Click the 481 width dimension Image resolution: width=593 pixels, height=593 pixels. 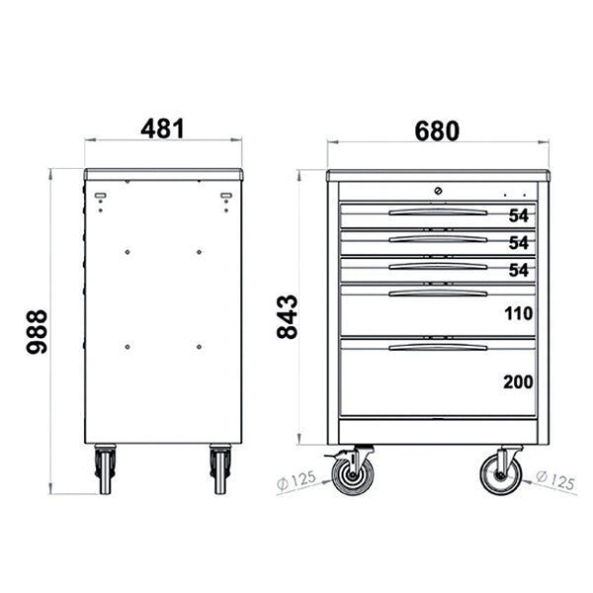[x=163, y=128]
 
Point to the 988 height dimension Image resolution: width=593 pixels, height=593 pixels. [x=36, y=333]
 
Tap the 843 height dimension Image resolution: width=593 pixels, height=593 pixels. [x=287, y=315]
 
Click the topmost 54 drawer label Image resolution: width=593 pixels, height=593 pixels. [x=520, y=215]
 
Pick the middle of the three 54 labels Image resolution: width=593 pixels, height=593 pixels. [x=520, y=243]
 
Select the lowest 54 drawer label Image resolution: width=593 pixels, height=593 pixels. [x=520, y=271]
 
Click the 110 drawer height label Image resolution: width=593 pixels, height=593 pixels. [x=518, y=314]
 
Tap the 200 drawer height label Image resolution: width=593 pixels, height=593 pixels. [x=518, y=381]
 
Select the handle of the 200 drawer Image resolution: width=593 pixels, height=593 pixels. [x=438, y=347]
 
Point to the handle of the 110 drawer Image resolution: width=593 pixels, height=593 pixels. [x=438, y=293]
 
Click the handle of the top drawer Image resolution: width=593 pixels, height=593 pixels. [x=438, y=212]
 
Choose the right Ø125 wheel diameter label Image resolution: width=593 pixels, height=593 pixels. [x=554, y=480]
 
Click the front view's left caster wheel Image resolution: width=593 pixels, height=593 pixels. [x=352, y=473]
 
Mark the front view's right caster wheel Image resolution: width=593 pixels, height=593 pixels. [x=501, y=473]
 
